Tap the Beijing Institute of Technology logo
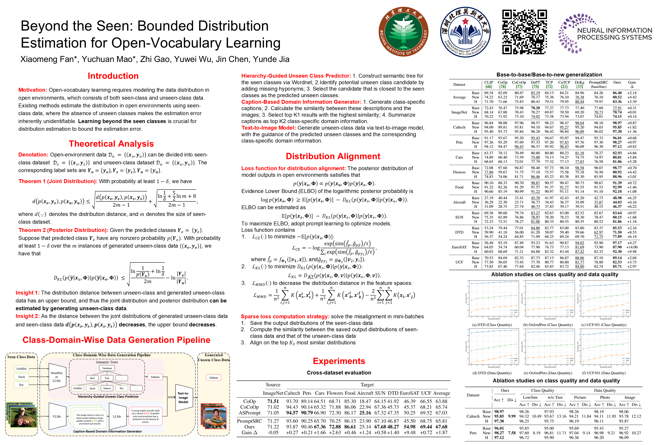coord(403,32)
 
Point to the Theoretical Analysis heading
coord(111,144)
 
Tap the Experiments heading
coord(339,361)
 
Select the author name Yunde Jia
coord(271,59)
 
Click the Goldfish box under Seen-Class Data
coord(21,369)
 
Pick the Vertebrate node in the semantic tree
coord(107,368)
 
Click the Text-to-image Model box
coord(183,398)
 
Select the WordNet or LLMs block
coord(56,377)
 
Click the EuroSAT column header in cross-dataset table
coord(409,393)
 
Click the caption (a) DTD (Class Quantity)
coord(492,325)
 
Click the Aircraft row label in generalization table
coord(459,202)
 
